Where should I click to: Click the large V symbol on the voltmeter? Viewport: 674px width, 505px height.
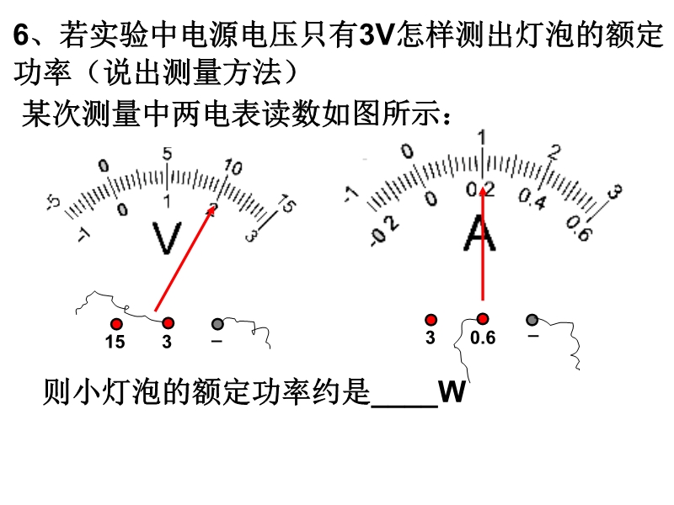pyautogui.click(x=167, y=238)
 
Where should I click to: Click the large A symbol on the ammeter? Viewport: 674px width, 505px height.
pyautogui.click(x=479, y=233)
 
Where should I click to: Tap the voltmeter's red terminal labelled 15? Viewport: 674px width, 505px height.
pyautogui.click(x=116, y=324)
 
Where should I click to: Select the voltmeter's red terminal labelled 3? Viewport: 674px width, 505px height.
pyautogui.click(x=168, y=323)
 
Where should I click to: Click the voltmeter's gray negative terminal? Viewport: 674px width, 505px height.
pyautogui.click(x=217, y=323)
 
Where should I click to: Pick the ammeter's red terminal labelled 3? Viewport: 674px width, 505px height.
pyautogui.click(x=431, y=320)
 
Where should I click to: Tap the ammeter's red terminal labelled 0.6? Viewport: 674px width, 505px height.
pyautogui.click(x=483, y=319)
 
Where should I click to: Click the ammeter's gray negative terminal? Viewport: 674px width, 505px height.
pyautogui.click(x=532, y=320)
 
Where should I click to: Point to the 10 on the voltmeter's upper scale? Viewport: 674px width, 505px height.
pyautogui.click(x=233, y=167)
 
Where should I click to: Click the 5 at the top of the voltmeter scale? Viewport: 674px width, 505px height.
pyautogui.click(x=167, y=154)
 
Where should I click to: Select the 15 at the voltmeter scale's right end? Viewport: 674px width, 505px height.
pyautogui.click(x=286, y=204)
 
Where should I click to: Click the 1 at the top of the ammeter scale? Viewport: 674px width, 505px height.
pyautogui.click(x=482, y=137)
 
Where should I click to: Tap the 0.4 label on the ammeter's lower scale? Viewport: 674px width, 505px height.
pyautogui.click(x=532, y=199)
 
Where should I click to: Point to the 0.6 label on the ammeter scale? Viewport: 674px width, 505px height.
pyautogui.click(x=580, y=228)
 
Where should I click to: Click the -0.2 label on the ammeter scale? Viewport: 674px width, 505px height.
pyautogui.click(x=385, y=231)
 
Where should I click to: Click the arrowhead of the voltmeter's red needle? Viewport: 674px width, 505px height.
pyautogui.click(x=211, y=210)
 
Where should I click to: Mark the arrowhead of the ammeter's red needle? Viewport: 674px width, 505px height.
pyautogui.click(x=483, y=191)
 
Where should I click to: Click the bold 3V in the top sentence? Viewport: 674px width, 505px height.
pyautogui.click(x=377, y=35)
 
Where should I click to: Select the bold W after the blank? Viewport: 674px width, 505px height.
pyautogui.click(x=452, y=391)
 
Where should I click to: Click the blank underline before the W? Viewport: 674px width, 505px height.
pyautogui.click(x=404, y=405)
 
